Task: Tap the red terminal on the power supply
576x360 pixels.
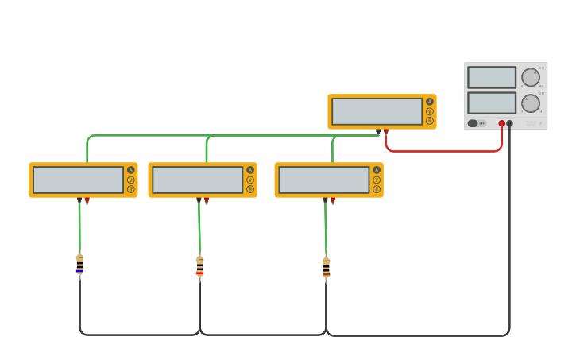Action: click(501, 123)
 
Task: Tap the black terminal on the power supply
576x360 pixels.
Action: click(510, 123)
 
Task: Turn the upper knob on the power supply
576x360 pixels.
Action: click(530, 77)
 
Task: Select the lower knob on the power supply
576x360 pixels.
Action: click(530, 103)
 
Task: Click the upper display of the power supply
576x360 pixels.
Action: click(492, 77)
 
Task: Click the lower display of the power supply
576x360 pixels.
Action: click(492, 103)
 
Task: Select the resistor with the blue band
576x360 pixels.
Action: click(79, 265)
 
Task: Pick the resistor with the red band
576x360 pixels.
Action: click(199, 268)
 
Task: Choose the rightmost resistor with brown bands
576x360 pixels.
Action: click(326, 269)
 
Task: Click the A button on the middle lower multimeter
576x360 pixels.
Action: click(250, 170)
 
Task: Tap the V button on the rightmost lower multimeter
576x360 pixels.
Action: click(377, 180)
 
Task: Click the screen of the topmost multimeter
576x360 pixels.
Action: click(377, 111)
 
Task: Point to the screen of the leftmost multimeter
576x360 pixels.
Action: click(78, 180)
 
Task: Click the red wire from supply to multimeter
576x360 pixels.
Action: click(445, 150)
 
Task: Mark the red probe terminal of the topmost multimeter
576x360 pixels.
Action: click(386, 132)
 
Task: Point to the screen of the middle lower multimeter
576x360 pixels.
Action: click(197, 180)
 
